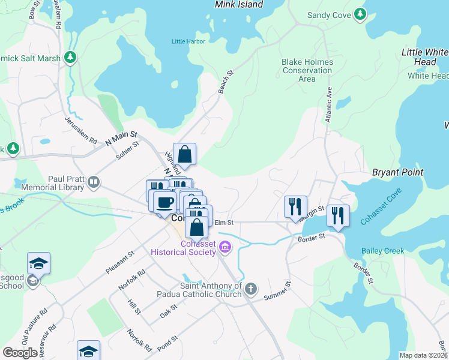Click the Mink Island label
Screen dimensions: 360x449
pyautogui.click(x=239, y=5)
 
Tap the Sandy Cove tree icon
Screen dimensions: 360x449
pyautogui.click(x=360, y=14)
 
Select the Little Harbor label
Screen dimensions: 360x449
pyautogui.click(x=188, y=41)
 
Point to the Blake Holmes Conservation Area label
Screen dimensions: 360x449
pyautogui.click(x=307, y=70)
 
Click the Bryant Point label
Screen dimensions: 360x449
pyautogui.click(x=397, y=172)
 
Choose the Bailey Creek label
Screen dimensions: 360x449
pyautogui.click(x=383, y=251)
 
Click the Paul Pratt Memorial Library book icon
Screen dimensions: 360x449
pyautogui.click(x=93, y=182)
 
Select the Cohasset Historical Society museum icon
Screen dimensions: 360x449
pyautogui.click(x=225, y=247)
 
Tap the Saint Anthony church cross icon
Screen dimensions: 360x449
pyautogui.click(x=250, y=289)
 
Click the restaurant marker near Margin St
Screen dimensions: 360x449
pyautogui.click(x=295, y=207)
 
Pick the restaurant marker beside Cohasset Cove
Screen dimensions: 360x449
pyautogui.click(x=338, y=216)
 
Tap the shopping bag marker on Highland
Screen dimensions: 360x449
pyautogui.click(x=185, y=154)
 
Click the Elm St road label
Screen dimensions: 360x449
pyautogui.click(x=223, y=223)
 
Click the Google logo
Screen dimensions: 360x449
pyautogui.click(x=20, y=353)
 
